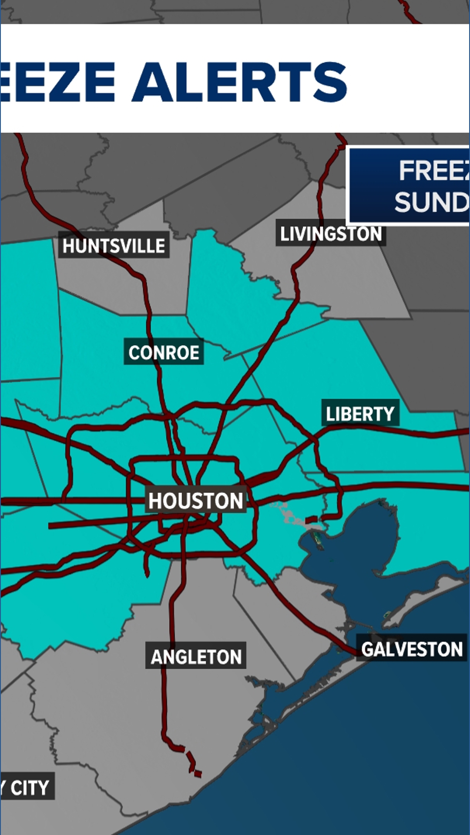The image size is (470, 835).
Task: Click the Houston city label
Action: (196, 501)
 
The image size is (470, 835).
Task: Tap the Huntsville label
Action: (114, 246)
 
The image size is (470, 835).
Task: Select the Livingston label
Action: (331, 234)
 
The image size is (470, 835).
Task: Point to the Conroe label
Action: (164, 352)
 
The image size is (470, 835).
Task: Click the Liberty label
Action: (360, 414)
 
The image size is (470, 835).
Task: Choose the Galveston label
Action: (412, 649)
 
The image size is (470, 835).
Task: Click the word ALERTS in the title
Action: (239, 82)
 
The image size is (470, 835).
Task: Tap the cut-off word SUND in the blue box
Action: (431, 202)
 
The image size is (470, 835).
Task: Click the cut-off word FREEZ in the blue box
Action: (433, 170)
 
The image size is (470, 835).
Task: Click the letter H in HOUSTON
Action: (155, 501)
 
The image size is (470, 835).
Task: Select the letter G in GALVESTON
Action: (368, 649)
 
